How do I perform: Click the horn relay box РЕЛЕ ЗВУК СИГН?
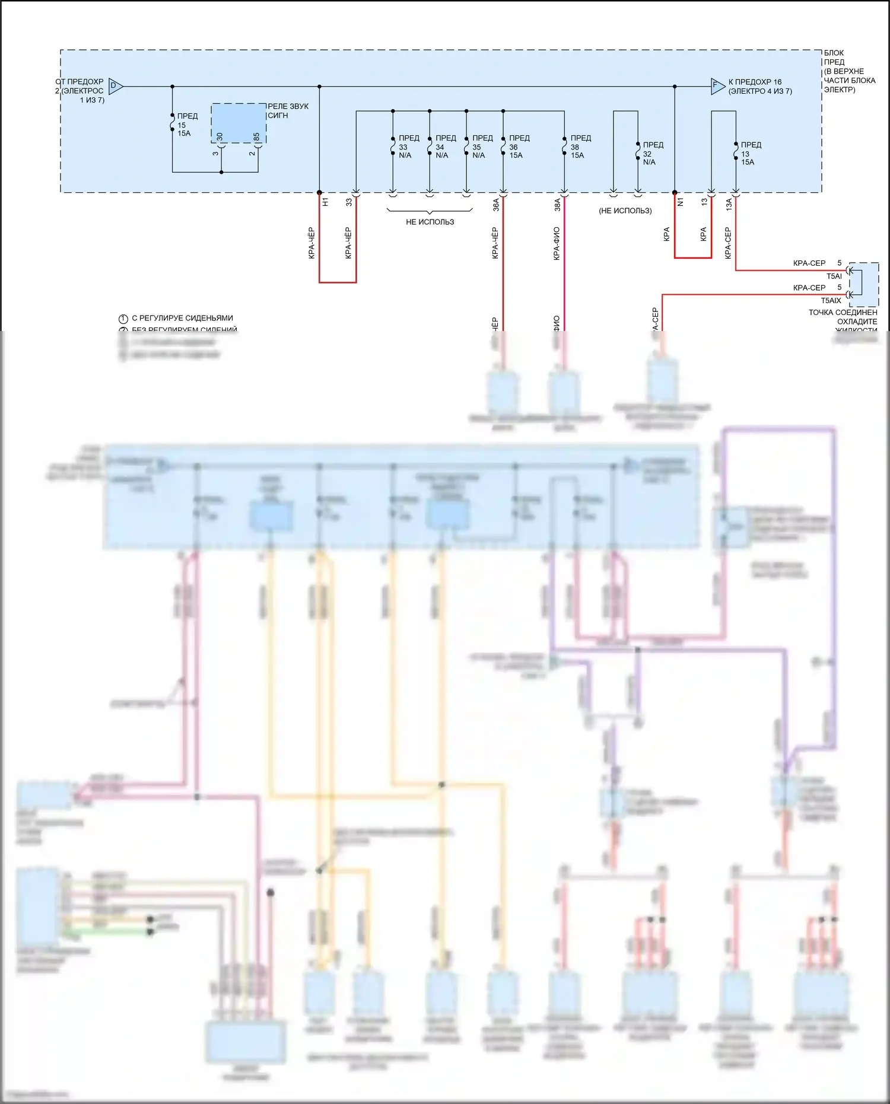tap(239, 123)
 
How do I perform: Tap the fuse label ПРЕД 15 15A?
tap(187, 125)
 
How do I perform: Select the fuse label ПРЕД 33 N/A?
tap(408, 147)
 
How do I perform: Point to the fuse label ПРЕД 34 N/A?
tap(445, 147)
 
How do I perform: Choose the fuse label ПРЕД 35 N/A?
tap(482, 147)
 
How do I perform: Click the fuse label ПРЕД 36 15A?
tap(519, 147)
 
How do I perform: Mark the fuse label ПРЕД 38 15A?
tap(580, 147)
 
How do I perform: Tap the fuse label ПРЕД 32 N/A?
tap(653, 153)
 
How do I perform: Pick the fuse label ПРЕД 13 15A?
tap(751, 153)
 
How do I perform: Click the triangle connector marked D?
tap(115, 87)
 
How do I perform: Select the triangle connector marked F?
tap(717, 87)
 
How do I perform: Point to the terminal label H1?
tap(325, 202)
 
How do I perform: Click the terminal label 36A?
tap(496, 205)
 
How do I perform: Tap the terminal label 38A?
tap(557, 205)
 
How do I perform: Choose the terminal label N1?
tap(681, 202)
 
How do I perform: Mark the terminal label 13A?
tap(729, 205)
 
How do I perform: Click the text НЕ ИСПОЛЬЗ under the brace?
tap(430, 222)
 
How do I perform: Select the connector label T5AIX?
tap(831, 301)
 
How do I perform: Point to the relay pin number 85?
tap(256, 136)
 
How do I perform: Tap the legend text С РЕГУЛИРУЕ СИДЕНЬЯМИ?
tap(182, 318)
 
